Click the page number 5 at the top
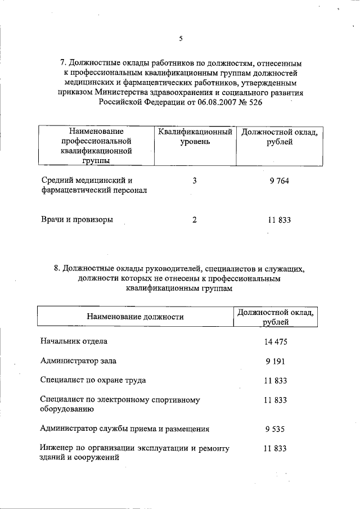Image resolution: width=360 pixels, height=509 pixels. [x=181, y=39]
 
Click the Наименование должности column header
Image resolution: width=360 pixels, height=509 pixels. [x=135, y=317]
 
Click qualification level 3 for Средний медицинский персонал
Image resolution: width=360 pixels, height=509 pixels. [x=195, y=181]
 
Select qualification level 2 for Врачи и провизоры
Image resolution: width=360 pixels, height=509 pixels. [x=195, y=220]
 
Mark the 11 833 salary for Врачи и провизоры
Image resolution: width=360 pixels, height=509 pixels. [x=279, y=220]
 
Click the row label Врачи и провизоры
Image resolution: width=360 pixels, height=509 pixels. [x=77, y=220]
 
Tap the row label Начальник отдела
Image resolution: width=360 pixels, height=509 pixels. [x=74, y=341]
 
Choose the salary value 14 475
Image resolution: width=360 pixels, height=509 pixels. [x=276, y=341]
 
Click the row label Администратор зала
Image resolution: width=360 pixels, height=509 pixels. [x=79, y=361]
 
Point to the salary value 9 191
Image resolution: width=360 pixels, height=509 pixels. [x=276, y=361]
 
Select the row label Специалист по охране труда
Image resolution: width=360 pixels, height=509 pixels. [x=93, y=380]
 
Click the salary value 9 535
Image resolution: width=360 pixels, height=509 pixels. [x=276, y=429]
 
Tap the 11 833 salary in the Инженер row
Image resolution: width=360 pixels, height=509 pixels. [x=276, y=448]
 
